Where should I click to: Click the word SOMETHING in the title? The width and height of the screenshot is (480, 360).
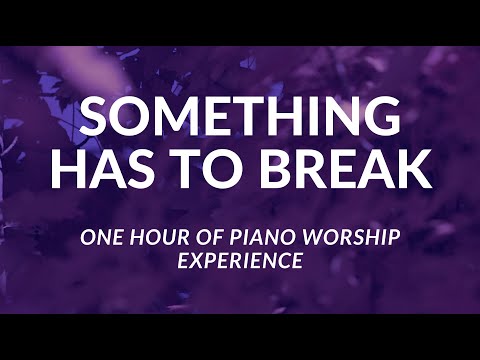[x=240, y=119]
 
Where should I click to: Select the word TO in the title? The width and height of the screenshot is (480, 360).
[x=221, y=169]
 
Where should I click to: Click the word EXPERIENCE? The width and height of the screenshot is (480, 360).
[x=240, y=263]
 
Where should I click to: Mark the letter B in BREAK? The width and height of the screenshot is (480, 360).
[x=283, y=169]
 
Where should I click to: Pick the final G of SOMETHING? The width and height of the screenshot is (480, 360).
[x=380, y=119]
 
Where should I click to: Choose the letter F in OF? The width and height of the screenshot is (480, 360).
[x=220, y=239]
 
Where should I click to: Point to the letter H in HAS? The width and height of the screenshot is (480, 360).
[x=71, y=169]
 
